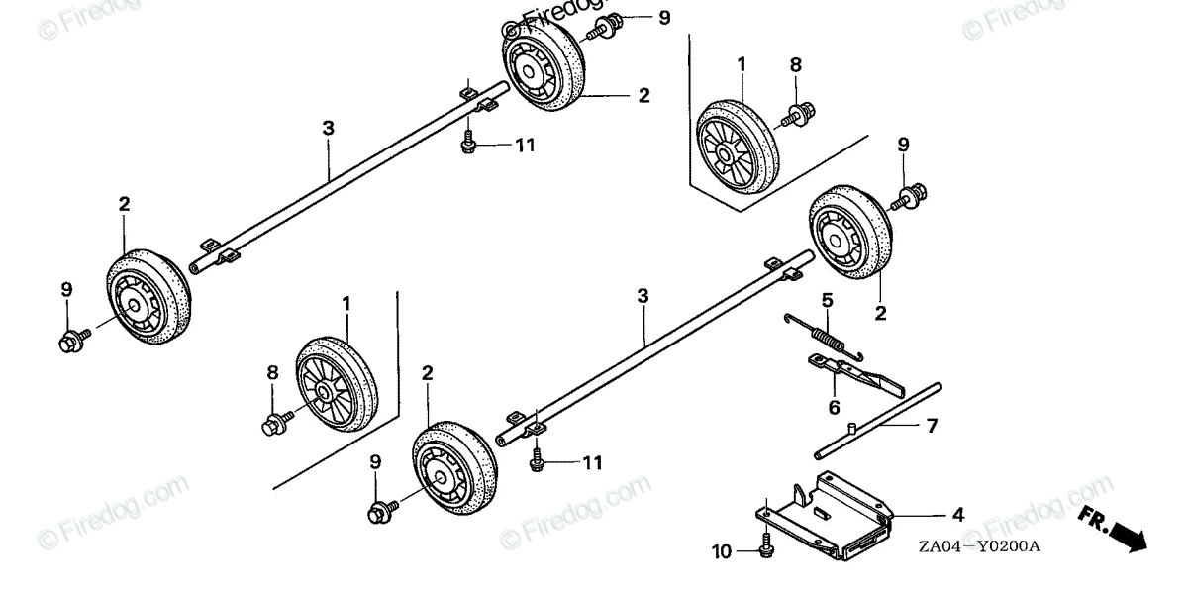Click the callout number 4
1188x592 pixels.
click(957, 516)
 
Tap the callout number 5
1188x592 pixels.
click(827, 300)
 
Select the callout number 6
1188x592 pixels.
click(834, 407)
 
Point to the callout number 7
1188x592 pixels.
click(932, 427)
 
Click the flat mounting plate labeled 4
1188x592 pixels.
click(827, 510)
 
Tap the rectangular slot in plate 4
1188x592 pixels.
click(821, 512)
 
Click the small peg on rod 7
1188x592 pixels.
click(849, 430)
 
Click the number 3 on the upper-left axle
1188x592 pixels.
click(328, 128)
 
